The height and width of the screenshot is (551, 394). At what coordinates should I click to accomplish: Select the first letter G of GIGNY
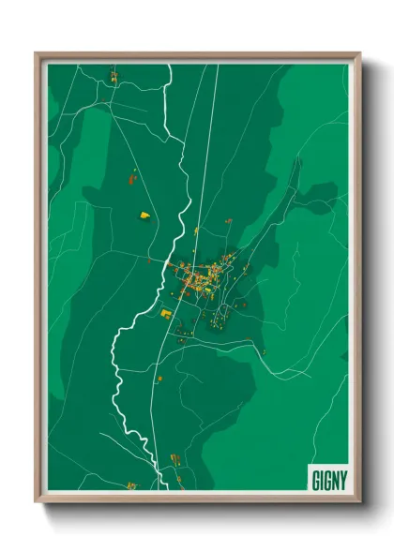coord(314,479)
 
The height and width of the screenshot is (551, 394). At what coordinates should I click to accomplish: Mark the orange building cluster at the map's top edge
coord(113,75)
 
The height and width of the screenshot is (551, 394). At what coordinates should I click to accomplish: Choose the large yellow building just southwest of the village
coord(166,313)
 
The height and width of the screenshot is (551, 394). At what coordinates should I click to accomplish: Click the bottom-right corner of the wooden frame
coord(359,502)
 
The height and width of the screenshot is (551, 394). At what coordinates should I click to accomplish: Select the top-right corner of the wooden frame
coord(359,53)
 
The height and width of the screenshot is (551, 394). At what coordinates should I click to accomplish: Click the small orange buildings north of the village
coord(226,221)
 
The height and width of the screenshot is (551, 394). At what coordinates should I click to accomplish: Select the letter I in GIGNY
coord(321,479)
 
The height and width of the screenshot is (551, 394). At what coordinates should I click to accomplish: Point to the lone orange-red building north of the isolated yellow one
coord(130,174)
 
